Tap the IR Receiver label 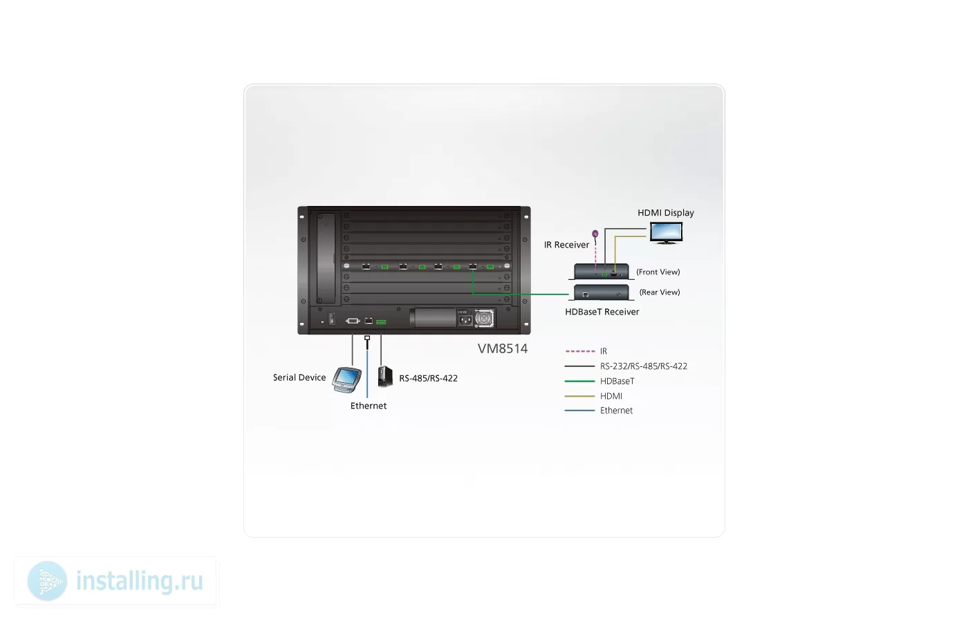(x=566, y=245)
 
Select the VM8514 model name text (x=503, y=348)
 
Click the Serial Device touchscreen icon (x=346, y=379)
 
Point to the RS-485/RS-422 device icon (x=385, y=376)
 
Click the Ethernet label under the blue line (x=368, y=406)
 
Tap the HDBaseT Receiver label (x=602, y=312)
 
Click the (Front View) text (x=658, y=272)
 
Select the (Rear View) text (x=660, y=292)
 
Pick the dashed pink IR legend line (x=580, y=351)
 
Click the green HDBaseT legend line (x=580, y=381)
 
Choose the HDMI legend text (x=611, y=396)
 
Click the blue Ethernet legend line (x=580, y=411)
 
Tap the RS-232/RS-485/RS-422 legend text (x=644, y=366)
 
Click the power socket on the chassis (x=465, y=320)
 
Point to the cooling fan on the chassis (x=484, y=319)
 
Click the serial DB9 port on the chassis (x=353, y=321)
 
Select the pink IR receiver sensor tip (x=595, y=234)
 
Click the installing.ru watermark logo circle (x=47, y=581)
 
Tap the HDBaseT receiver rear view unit (x=601, y=292)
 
